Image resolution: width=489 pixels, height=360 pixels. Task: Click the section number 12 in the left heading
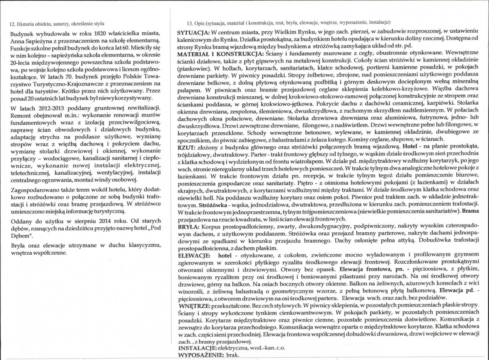click(x=12, y=24)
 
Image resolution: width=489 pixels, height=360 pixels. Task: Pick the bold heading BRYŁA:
click(x=188, y=226)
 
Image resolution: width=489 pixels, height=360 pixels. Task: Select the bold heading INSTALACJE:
click(x=197, y=349)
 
